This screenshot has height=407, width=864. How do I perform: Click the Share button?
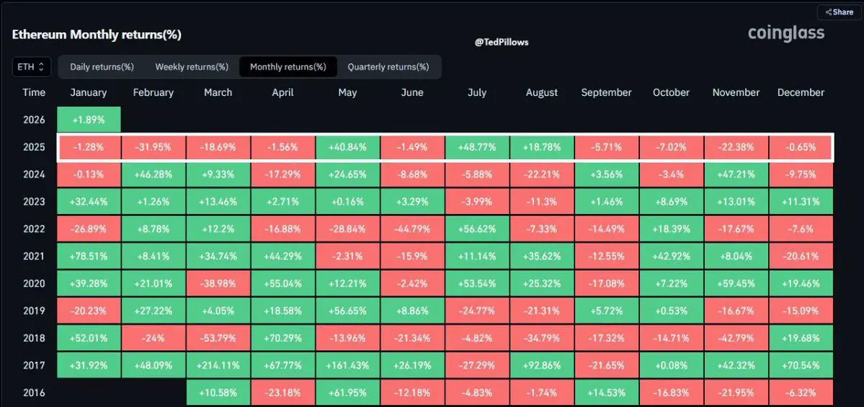click(839, 12)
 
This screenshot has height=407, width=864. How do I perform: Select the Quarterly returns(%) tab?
click(388, 67)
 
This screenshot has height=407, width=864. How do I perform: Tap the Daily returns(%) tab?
click(102, 67)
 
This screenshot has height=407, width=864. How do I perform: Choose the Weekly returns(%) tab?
click(192, 67)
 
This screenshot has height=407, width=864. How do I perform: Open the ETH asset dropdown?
click(31, 67)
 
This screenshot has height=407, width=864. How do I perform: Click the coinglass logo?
click(786, 33)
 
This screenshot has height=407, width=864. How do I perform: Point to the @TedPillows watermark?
click(502, 43)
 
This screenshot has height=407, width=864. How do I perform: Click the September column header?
click(606, 92)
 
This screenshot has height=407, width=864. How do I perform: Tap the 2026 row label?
click(34, 120)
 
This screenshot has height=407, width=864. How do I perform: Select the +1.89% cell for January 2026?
click(89, 120)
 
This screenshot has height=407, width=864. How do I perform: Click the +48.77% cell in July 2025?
click(477, 147)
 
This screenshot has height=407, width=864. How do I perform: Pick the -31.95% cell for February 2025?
click(153, 147)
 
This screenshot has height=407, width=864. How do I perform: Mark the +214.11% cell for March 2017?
click(218, 365)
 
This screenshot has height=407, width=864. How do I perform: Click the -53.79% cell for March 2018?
click(218, 338)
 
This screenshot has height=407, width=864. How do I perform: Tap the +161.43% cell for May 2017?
click(347, 365)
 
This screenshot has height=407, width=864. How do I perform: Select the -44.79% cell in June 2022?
click(412, 229)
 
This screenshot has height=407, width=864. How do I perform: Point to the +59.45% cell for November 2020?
click(736, 283)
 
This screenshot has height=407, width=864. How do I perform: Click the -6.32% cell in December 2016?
click(801, 393)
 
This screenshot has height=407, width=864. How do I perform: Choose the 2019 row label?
click(34, 310)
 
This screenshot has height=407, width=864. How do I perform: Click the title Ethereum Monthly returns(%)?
click(97, 35)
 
